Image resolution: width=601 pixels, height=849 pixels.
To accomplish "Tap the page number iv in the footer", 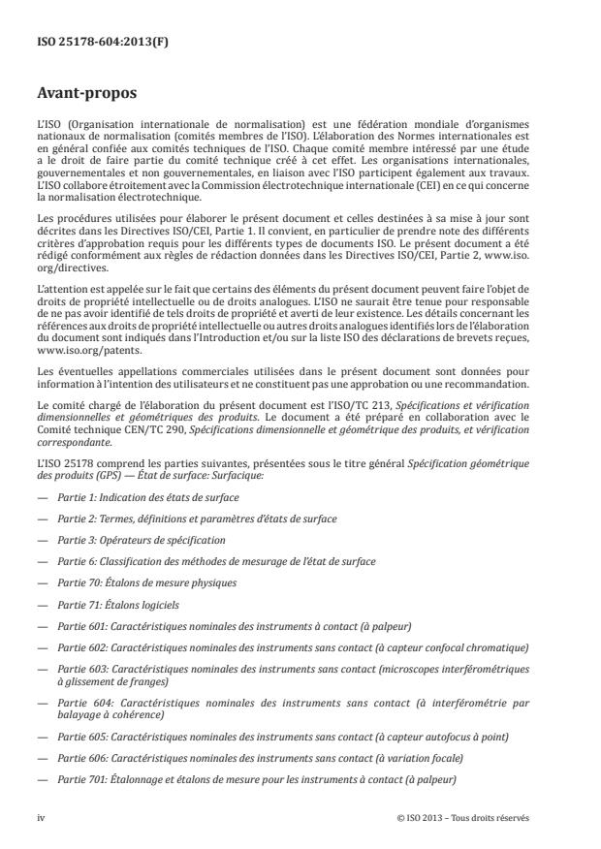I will (x=42, y=817).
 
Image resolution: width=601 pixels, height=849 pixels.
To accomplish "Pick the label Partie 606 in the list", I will (x=79, y=758).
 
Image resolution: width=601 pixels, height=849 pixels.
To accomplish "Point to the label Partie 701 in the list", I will (x=79, y=779).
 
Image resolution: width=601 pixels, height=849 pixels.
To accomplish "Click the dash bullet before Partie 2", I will (x=42, y=519).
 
